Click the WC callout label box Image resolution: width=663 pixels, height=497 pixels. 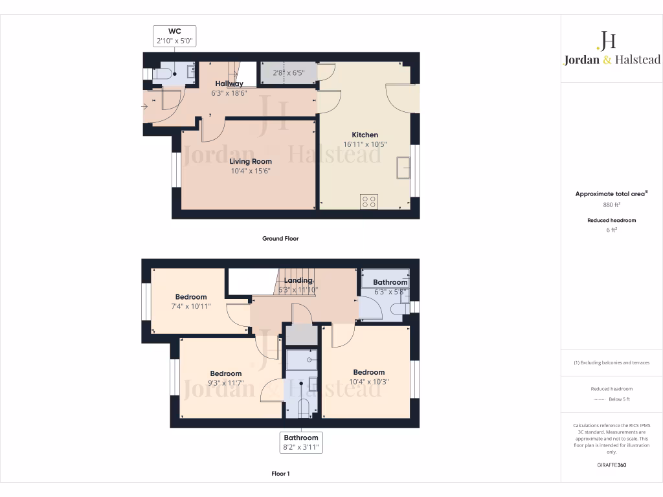[174, 36]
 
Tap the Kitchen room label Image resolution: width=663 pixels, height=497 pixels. [365, 135]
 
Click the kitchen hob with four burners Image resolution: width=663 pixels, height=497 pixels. [370, 202]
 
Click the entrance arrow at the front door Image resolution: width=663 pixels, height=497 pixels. [143, 107]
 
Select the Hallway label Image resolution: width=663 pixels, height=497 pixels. [229, 83]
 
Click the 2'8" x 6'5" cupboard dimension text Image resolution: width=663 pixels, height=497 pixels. [288, 73]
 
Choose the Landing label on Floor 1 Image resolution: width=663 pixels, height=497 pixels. [297, 280]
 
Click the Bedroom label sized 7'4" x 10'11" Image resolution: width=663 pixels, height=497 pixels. [190, 297]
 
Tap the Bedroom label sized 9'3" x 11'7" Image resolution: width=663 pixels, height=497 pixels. [225, 373]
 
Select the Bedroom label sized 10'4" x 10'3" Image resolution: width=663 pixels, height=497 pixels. [368, 372]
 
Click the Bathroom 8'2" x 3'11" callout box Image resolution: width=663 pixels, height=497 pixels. [301, 443]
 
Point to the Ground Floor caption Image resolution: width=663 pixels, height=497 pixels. [280, 239]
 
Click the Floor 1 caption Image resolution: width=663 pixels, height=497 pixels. [280, 474]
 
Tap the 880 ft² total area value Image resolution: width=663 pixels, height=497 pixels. [611, 204]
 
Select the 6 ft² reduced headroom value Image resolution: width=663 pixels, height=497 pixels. [611, 230]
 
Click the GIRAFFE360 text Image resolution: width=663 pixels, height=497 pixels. [611, 465]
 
